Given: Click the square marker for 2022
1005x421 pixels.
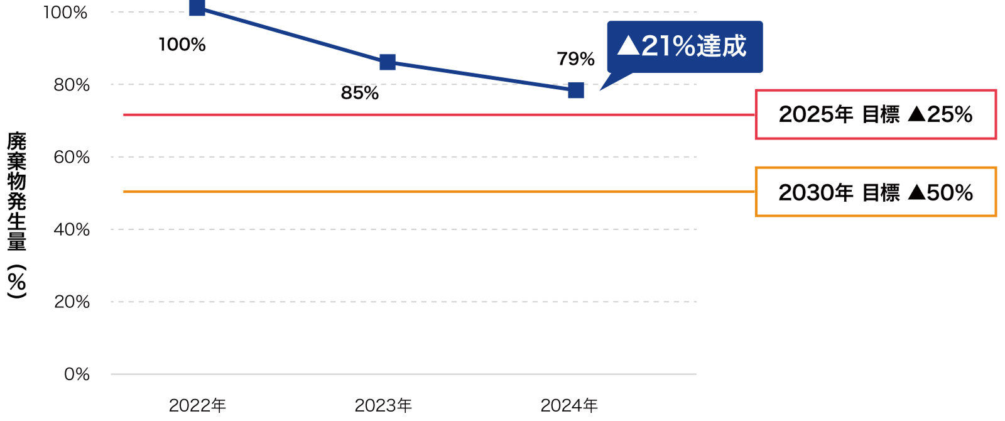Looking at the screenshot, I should pos(197,8).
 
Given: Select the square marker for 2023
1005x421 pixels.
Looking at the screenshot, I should pos(388,62).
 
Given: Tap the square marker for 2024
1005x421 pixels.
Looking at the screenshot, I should pos(576,90).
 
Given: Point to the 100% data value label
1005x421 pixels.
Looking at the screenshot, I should pos(182,45).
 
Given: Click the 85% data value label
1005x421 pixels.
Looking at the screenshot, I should pos(360,93).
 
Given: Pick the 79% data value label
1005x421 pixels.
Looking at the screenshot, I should pos(575,59).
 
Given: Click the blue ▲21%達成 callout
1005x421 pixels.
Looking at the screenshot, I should pos(684,46).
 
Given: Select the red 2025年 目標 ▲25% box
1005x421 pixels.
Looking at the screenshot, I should pos(876,114).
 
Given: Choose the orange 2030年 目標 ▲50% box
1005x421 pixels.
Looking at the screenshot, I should pos(876,192).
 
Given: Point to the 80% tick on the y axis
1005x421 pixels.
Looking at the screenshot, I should pos(72,85).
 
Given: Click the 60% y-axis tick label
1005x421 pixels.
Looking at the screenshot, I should pos(72,157).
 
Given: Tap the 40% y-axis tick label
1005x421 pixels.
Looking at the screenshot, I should pos(72,229).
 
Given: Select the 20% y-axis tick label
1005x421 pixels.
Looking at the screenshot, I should pos(72,302).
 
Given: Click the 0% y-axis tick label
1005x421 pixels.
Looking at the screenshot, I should pos(77,375).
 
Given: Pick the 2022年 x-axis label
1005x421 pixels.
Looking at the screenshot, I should pos(197,406).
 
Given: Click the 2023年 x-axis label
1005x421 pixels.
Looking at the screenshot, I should pos(383,406).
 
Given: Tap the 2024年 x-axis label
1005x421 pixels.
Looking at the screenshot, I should pos(569,406).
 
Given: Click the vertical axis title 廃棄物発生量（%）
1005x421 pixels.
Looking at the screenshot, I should pos(17,214).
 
